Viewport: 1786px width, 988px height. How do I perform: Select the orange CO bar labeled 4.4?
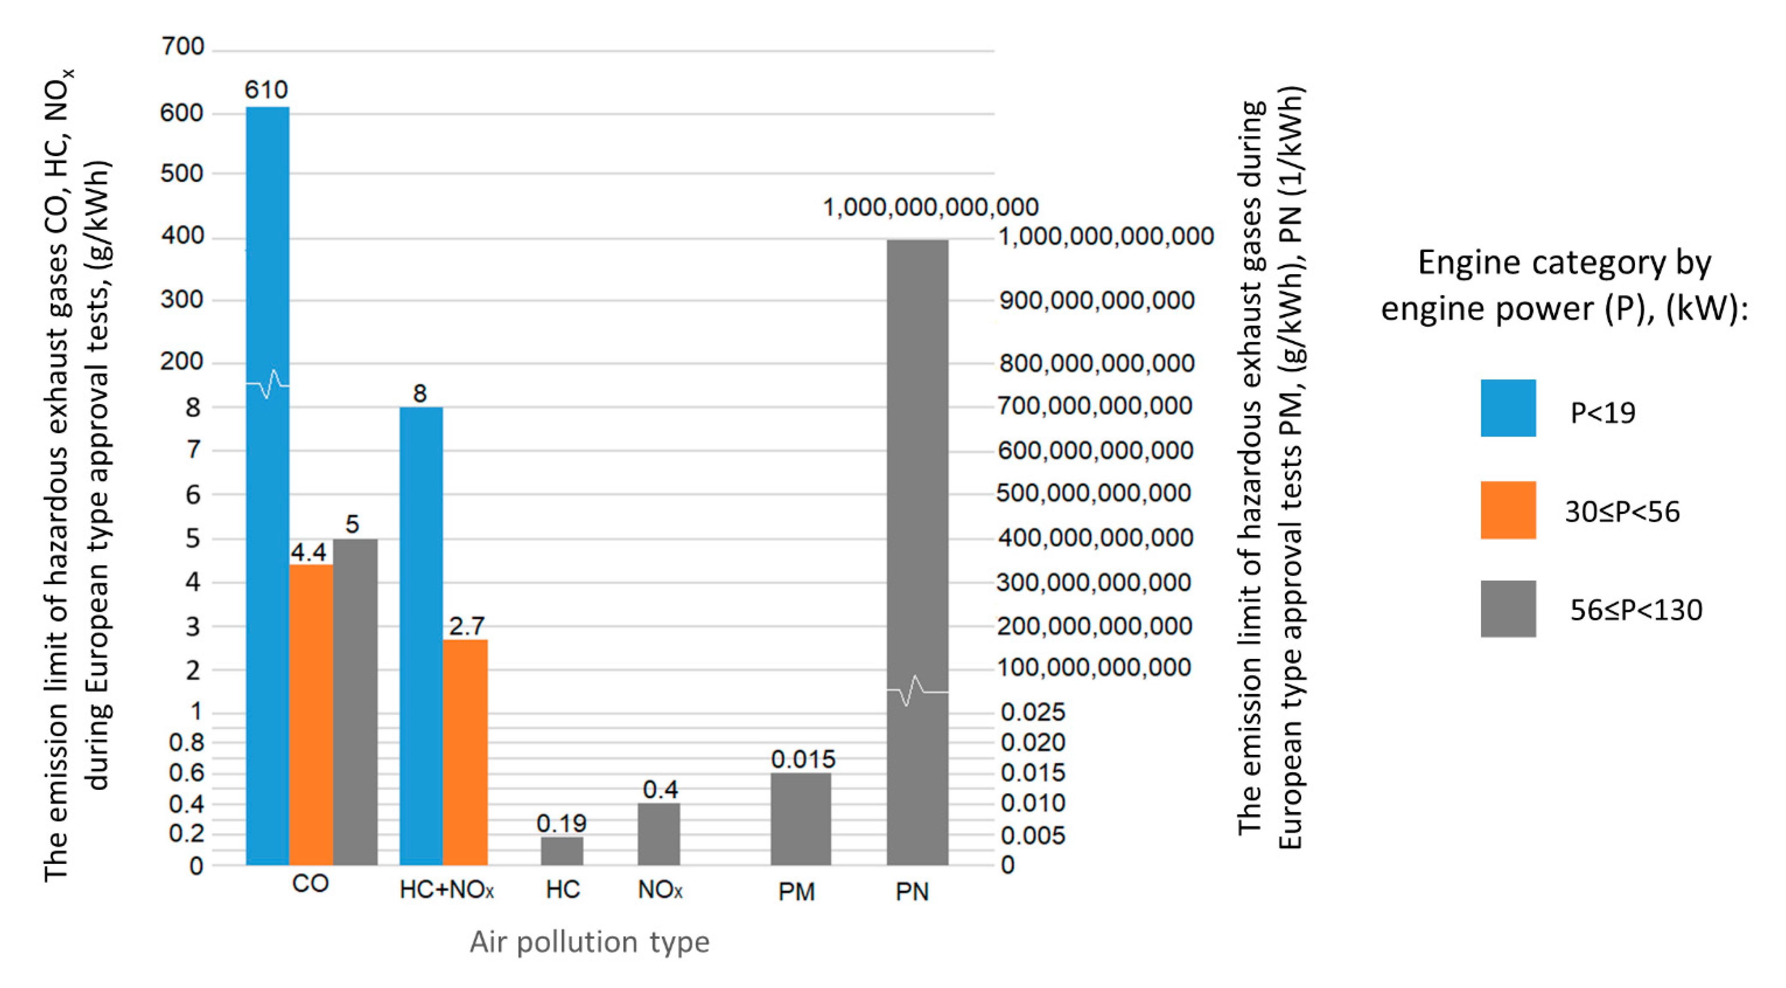[311, 714]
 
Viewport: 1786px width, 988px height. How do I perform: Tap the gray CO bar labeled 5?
[355, 700]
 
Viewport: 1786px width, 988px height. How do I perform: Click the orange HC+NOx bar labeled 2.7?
[465, 752]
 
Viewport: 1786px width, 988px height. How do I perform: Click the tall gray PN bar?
[917, 485]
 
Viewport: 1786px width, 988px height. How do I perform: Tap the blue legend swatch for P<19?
[1508, 408]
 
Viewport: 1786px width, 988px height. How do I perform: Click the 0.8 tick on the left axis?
[187, 742]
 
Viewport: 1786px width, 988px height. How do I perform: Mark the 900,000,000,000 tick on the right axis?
[1097, 300]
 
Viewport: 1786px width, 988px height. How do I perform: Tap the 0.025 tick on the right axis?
[1032, 711]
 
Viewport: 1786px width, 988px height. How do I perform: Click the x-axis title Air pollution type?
[589, 941]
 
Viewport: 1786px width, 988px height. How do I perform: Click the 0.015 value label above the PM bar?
[803, 759]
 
